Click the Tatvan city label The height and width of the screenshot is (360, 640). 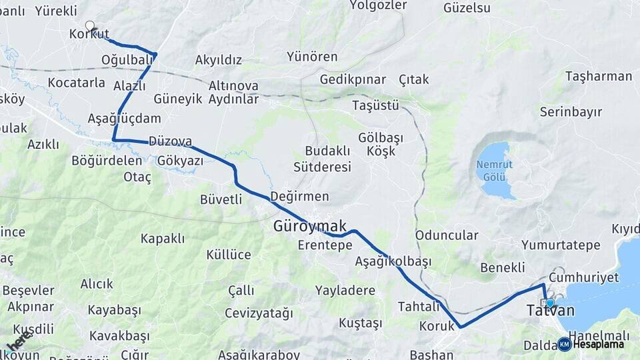click(x=550, y=311)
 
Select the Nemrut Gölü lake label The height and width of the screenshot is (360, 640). click(x=494, y=170)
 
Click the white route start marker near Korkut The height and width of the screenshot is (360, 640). click(x=90, y=25)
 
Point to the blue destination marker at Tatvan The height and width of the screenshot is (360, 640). click(x=549, y=303)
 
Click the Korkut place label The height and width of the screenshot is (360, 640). click(x=88, y=34)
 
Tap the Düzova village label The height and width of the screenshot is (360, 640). click(x=170, y=141)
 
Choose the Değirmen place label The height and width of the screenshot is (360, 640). click(x=299, y=197)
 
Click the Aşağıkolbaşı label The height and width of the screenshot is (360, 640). click(x=393, y=261)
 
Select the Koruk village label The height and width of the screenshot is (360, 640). click(x=437, y=327)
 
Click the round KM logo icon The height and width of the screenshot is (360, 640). click(x=564, y=344)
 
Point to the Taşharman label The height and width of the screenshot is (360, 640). click(x=598, y=76)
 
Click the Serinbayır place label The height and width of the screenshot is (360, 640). click(x=571, y=111)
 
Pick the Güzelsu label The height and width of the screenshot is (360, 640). click(x=467, y=8)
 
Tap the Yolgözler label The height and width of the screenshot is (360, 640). click(x=377, y=5)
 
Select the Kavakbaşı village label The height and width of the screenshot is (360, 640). click(x=119, y=334)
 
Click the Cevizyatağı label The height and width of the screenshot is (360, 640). click(x=259, y=313)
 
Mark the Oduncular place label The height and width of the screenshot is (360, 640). click(x=447, y=235)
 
